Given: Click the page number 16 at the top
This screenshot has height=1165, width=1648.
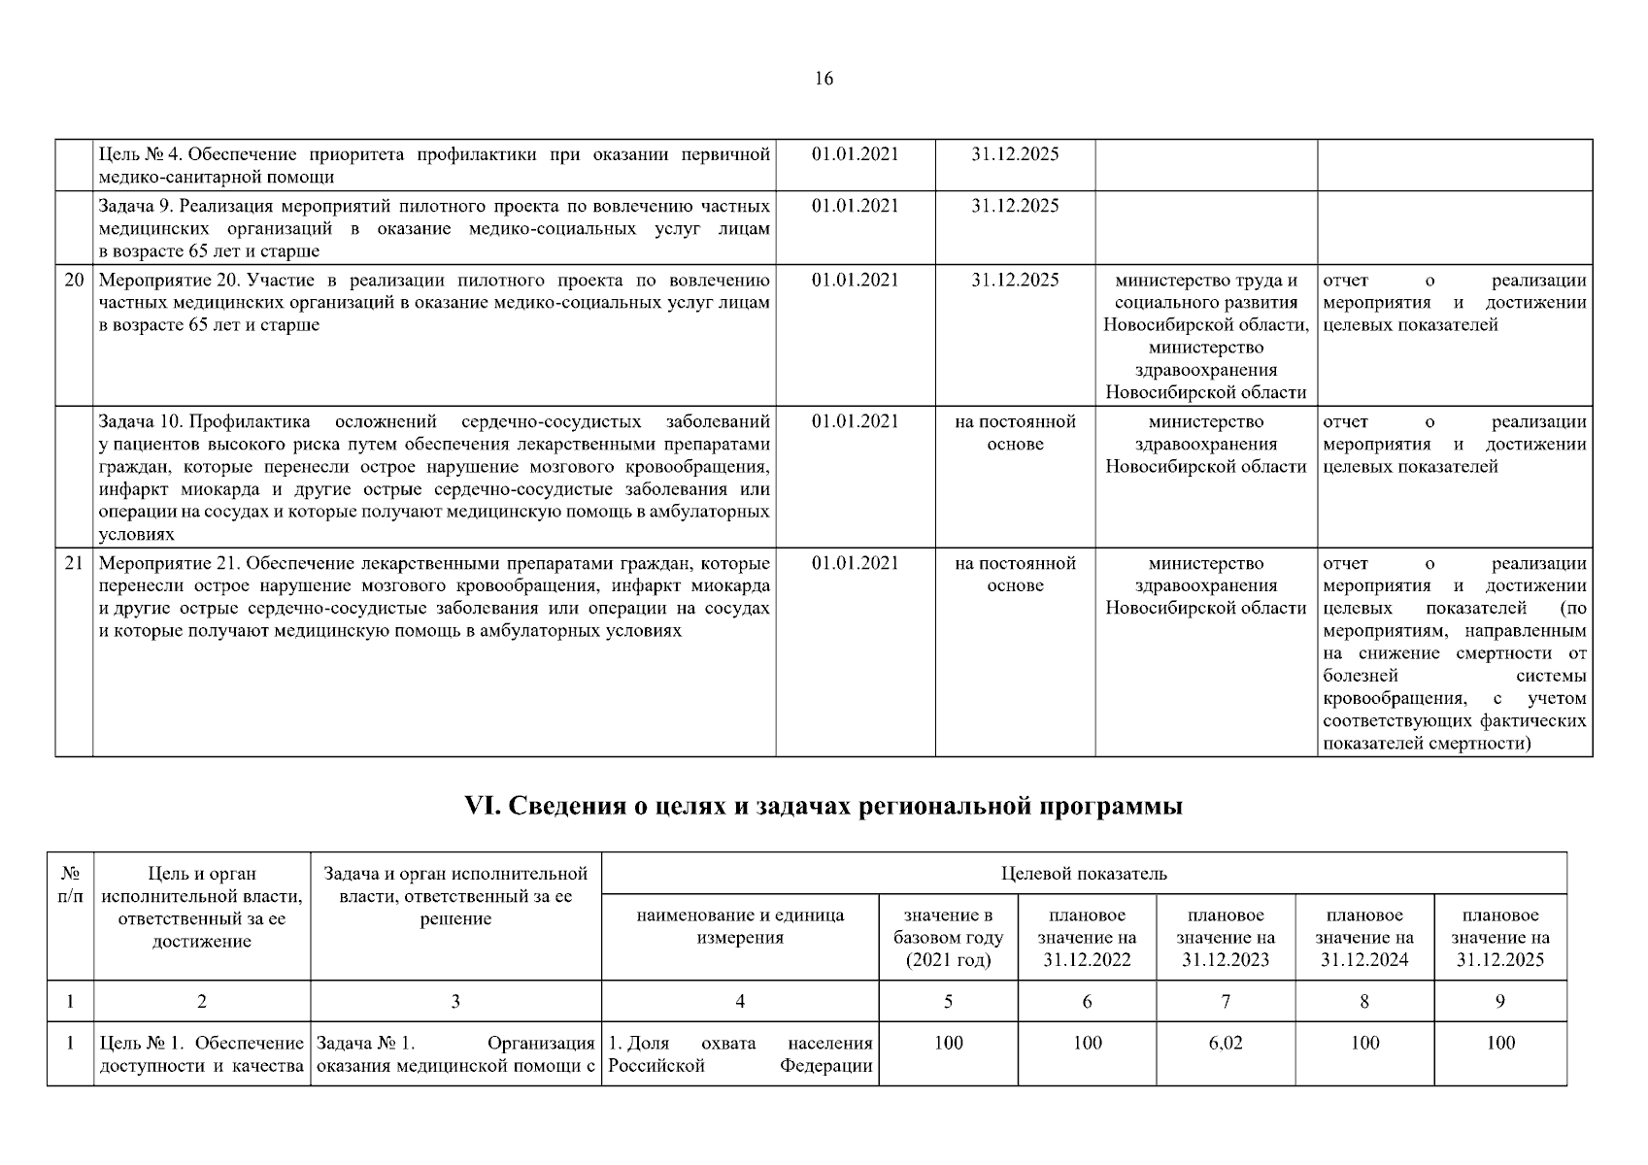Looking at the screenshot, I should [x=823, y=80].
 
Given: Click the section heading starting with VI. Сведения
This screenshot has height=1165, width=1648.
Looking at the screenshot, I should [x=824, y=807].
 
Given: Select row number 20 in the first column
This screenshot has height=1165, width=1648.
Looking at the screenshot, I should [x=74, y=281].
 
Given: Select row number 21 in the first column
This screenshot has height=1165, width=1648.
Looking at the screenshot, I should [x=74, y=564].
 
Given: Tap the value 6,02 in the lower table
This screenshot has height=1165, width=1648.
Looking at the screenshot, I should [x=1226, y=1044].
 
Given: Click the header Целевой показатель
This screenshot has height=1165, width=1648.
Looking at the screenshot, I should [x=1084, y=874].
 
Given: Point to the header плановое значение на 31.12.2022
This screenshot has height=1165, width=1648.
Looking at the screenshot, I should [x=1087, y=938].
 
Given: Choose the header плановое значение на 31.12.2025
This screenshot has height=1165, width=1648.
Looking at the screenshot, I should [x=1500, y=938].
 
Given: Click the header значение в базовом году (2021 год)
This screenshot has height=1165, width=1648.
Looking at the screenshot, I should [x=948, y=938].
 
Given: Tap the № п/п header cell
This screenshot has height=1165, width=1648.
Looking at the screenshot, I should [x=70, y=883].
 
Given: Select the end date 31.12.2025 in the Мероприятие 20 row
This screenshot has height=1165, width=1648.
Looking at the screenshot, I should [x=1015, y=281].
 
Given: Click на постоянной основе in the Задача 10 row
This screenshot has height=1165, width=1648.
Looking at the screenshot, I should [x=1015, y=433].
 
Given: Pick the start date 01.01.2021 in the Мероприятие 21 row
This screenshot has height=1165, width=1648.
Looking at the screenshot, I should [x=855, y=564].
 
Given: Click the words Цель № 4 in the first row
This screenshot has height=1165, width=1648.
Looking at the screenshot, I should [x=141, y=154].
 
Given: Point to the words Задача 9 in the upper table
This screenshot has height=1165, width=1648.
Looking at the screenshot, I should [x=135, y=206].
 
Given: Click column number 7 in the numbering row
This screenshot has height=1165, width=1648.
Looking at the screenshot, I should [x=1226, y=1002].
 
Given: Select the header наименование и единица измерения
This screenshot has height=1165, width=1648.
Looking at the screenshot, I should [x=740, y=926].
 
